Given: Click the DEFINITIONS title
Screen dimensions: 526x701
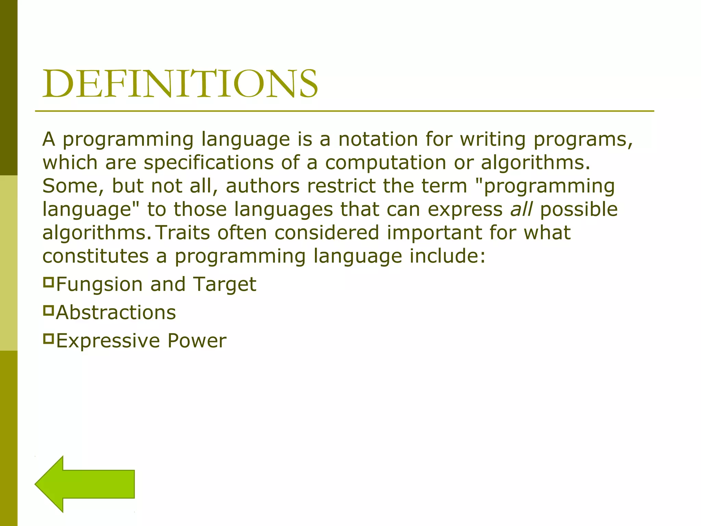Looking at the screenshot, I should point(180,84).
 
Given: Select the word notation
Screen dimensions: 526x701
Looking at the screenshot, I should point(378,139).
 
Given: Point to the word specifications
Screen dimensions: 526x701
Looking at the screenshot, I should point(208,163).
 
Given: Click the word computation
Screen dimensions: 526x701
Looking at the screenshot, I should point(385,163).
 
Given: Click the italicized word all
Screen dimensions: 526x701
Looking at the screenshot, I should point(521,209).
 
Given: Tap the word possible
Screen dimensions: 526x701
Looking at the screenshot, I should point(579,209).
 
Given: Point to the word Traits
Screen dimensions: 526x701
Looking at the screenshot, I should point(182,233).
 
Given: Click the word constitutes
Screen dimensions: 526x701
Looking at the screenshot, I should point(95,256).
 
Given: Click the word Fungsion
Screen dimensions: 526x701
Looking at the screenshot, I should point(99,285).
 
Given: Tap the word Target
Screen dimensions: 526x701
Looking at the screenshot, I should point(225,285).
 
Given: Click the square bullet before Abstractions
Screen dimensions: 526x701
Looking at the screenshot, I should point(49,311).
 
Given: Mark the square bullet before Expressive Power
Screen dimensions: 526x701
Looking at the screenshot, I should point(49,339).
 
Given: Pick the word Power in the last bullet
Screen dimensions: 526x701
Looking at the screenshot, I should point(197,341).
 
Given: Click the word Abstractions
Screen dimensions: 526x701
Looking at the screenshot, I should point(116,313).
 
